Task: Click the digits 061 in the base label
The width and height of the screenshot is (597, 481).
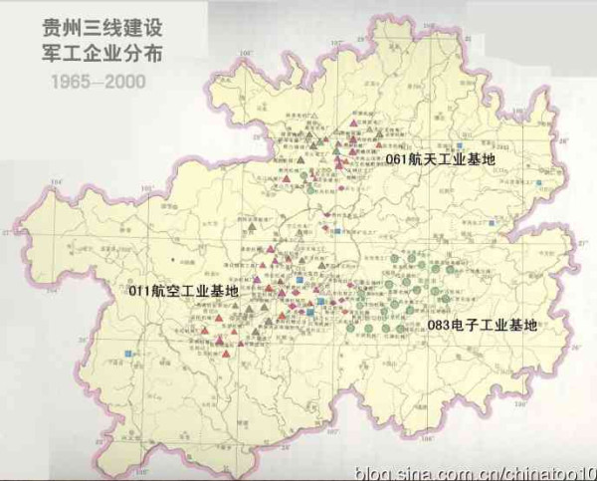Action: pyautogui.click(x=397, y=157)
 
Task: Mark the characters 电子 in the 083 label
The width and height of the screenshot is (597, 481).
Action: pyautogui.click(x=468, y=325)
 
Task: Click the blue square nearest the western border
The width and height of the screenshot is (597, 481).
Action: pyautogui.click(x=133, y=350)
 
